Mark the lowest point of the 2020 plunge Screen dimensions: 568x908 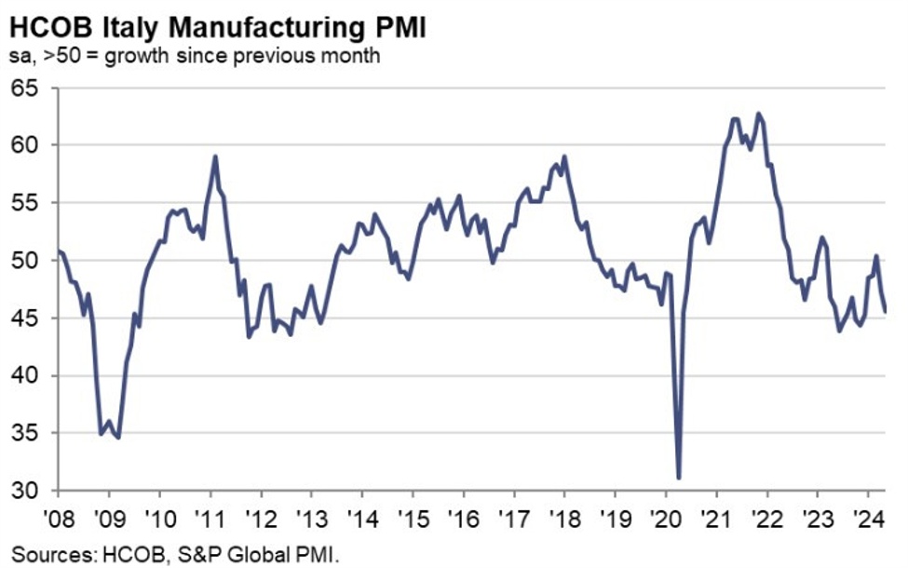(679, 479)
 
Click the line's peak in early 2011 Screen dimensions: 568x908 (215, 156)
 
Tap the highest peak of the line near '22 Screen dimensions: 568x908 (758, 114)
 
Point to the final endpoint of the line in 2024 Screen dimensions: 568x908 (886, 312)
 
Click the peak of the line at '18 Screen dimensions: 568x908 (564, 156)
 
